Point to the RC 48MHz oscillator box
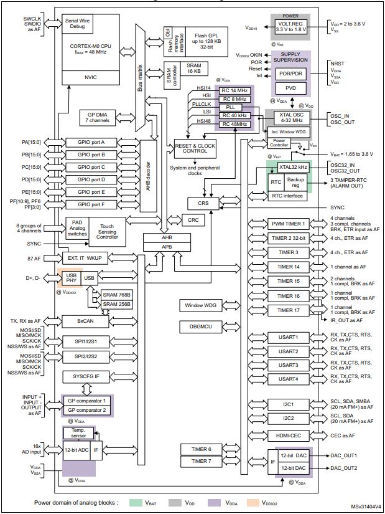[234, 125]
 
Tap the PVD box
[291, 88]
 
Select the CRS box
[203, 203]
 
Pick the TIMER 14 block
[289, 267]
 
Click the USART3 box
[288, 364]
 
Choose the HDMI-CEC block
[288, 435]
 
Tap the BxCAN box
[85, 320]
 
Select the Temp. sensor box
[77, 433]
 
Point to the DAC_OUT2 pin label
[343, 468]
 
